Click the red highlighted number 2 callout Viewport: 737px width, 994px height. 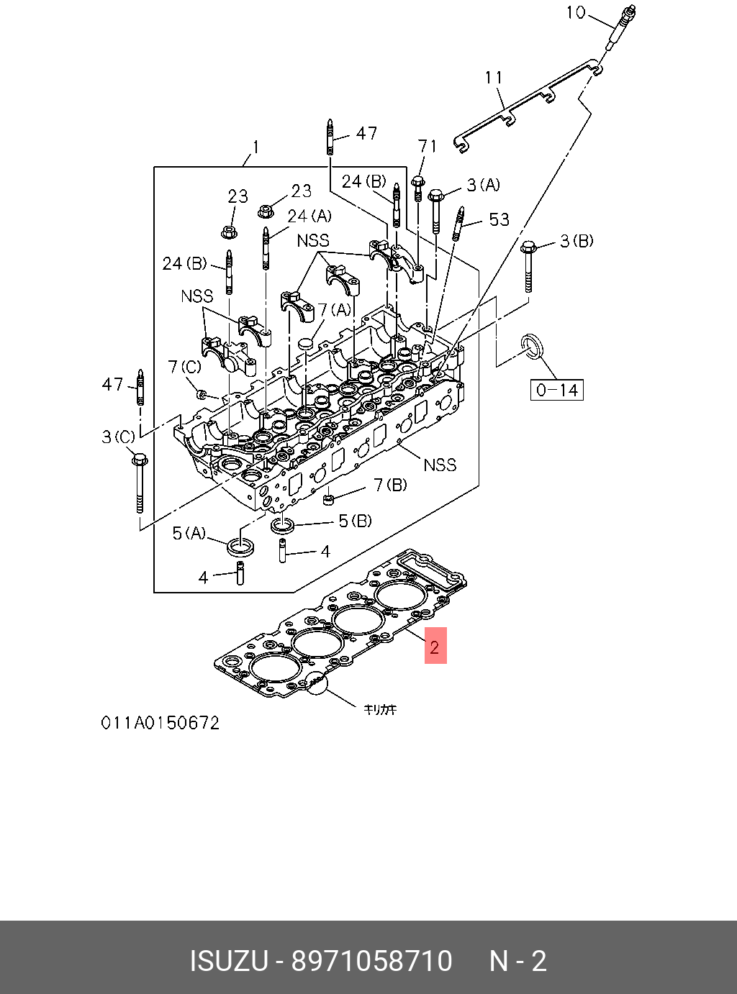tap(435, 645)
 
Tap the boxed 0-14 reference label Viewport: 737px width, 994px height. tap(556, 390)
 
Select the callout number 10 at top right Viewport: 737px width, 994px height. tap(576, 12)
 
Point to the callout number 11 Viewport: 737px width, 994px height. tap(494, 78)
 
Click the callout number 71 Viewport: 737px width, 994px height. tap(427, 146)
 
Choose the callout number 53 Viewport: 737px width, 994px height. tap(499, 219)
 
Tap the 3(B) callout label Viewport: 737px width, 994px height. tap(577, 241)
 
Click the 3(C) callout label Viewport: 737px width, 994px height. tap(119, 437)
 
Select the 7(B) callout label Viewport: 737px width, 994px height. tap(390, 485)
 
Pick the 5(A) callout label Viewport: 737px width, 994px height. tap(189, 533)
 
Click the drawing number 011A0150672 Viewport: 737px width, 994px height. tap(160, 723)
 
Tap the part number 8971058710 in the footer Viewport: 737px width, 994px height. tap(371, 961)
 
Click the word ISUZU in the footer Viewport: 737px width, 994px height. tap(229, 961)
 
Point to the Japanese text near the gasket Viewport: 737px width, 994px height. tap(379, 709)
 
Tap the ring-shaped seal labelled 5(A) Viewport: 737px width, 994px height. tap(242, 547)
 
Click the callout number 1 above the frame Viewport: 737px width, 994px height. tap(256, 147)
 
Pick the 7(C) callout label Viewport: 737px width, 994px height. tap(185, 367)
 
